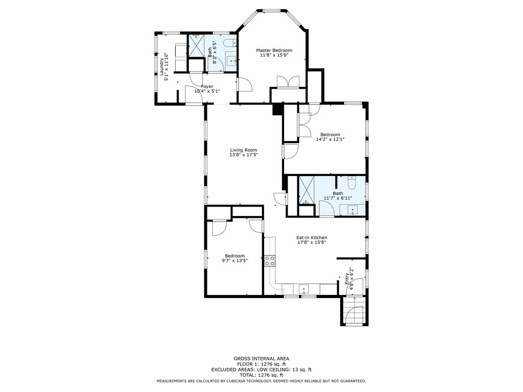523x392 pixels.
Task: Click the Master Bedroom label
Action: point(274,50)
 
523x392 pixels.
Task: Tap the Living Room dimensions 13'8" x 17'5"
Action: point(244,155)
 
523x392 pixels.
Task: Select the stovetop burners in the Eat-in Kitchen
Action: point(270,261)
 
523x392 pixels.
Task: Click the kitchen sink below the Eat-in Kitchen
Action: point(305,289)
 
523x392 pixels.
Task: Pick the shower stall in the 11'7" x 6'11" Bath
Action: point(306,189)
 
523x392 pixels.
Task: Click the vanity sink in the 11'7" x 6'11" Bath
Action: point(353,209)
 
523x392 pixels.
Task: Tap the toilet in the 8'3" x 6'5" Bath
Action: point(230,43)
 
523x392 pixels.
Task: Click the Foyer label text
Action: point(207,87)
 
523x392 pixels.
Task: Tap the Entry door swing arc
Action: point(357,283)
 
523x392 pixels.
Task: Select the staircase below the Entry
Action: point(353,311)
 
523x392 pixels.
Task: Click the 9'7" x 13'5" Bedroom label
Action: point(235,256)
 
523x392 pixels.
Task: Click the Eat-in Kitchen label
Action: point(312,237)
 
